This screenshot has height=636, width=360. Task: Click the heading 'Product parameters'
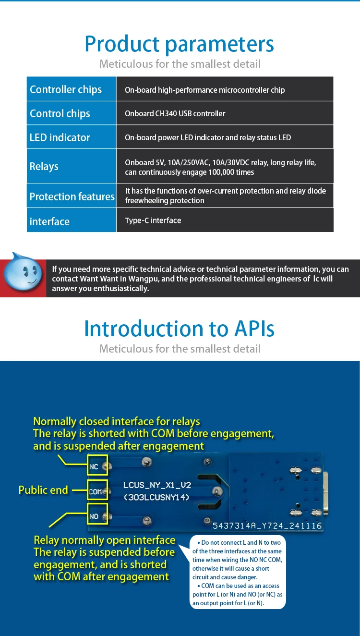180,44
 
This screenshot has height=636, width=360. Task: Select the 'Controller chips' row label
66,89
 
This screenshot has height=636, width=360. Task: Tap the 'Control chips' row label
60,113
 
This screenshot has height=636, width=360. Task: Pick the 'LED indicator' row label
60,137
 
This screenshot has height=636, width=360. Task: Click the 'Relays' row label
44,166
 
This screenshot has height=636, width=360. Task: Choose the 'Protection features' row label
72,196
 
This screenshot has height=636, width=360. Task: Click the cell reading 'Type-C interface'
153,220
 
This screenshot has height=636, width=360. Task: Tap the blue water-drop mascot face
23,273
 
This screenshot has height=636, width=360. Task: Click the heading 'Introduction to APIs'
180,329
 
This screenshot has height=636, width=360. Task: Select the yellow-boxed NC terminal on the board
97,465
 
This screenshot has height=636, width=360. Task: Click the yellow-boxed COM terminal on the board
97,490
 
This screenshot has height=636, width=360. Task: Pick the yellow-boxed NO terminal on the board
97,514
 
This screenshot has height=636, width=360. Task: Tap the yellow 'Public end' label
43,490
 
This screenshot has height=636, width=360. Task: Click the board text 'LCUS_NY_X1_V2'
157,485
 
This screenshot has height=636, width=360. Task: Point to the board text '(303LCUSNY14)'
157,498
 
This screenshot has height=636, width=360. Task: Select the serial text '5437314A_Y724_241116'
267,526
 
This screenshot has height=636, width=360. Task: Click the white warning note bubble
238,572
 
